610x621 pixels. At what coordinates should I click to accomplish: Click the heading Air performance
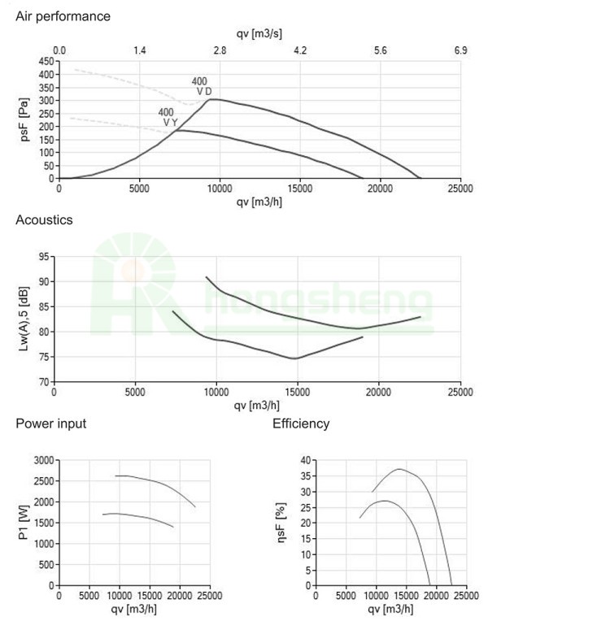pyautogui.click(x=63, y=16)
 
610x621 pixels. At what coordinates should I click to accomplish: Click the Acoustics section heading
pyautogui.click(x=44, y=220)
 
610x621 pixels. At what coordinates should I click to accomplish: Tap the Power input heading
pyautogui.click(x=51, y=423)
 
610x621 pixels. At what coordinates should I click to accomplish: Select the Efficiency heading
pyautogui.click(x=301, y=423)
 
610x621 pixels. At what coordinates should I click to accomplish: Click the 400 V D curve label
pyautogui.click(x=201, y=86)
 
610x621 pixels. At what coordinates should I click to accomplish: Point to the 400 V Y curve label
pyautogui.click(x=168, y=117)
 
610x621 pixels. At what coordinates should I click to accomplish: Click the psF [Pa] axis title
pyautogui.click(x=25, y=120)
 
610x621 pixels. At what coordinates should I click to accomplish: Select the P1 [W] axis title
pyautogui.click(x=24, y=522)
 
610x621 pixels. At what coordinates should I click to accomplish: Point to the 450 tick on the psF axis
pyautogui.click(x=46, y=62)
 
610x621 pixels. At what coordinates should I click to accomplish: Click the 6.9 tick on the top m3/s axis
pyautogui.click(x=460, y=50)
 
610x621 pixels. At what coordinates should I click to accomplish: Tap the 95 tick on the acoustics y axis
pyautogui.click(x=44, y=257)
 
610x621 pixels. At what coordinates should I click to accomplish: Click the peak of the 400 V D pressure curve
pyautogui.click(x=211, y=99)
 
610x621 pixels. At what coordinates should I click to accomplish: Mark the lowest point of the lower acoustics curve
pyautogui.click(x=295, y=358)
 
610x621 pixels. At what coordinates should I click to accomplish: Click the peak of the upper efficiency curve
pyautogui.click(x=399, y=469)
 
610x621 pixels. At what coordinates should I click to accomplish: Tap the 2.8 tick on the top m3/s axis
pyautogui.click(x=220, y=50)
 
